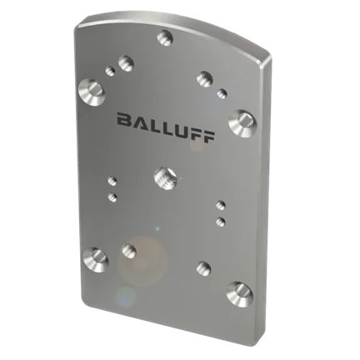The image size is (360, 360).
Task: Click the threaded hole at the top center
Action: [165, 37]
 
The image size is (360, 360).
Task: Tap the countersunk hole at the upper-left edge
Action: [92, 92]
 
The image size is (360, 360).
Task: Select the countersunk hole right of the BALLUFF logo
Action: [242, 123]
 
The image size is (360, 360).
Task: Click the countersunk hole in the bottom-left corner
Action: [95, 260]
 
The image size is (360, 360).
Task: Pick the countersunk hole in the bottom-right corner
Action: [240, 295]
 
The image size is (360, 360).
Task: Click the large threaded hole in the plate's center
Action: [165, 178]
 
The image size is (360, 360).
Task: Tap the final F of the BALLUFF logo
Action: [208, 137]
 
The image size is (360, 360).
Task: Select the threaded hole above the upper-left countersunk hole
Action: [127, 63]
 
